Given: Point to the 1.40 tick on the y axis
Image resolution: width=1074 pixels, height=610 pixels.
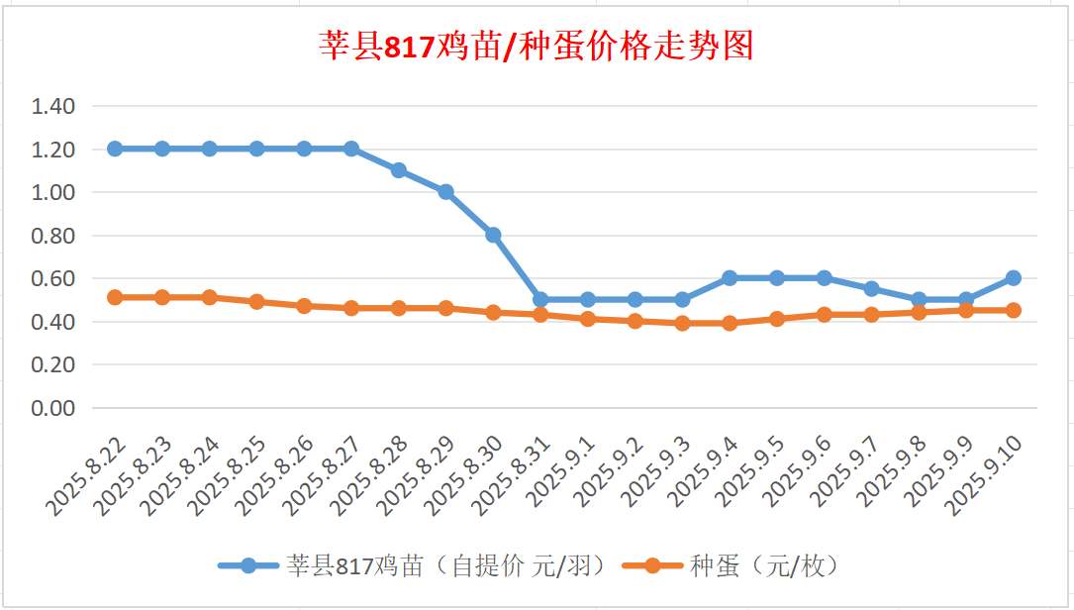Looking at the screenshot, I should pyautogui.click(x=53, y=106).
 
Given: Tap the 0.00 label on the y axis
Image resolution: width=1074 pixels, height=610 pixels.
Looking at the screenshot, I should pyautogui.click(x=53, y=407).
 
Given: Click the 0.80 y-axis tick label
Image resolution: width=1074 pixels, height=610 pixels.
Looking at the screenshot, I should pyautogui.click(x=53, y=236).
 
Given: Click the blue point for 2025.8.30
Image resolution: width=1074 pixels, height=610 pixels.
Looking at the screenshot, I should pyautogui.click(x=493, y=235).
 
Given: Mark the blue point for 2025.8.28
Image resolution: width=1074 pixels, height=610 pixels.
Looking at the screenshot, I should pyautogui.click(x=399, y=170).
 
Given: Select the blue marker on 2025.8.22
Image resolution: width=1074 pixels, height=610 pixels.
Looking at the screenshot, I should pyautogui.click(x=115, y=149).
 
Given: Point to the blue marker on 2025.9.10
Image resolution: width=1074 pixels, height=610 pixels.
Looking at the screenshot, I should pyautogui.click(x=1014, y=278).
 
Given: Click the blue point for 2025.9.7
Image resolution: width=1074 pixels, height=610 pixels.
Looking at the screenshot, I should pyautogui.click(x=871, y=289).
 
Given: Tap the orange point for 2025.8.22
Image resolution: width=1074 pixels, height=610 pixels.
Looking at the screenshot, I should pyautogui.click(x=115, y=297).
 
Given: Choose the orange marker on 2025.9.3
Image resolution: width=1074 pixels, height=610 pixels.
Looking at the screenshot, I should pyautogui.click(x=682, y=323).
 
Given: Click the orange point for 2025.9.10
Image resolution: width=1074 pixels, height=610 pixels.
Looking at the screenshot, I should pyautogui.click(x=1014, y=310).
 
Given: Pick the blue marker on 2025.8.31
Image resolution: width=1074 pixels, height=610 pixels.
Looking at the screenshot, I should pyautogui.click(x=540, y=299).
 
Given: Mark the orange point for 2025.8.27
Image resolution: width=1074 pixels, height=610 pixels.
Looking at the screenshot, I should pyautogui.click(x=351, y=308).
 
